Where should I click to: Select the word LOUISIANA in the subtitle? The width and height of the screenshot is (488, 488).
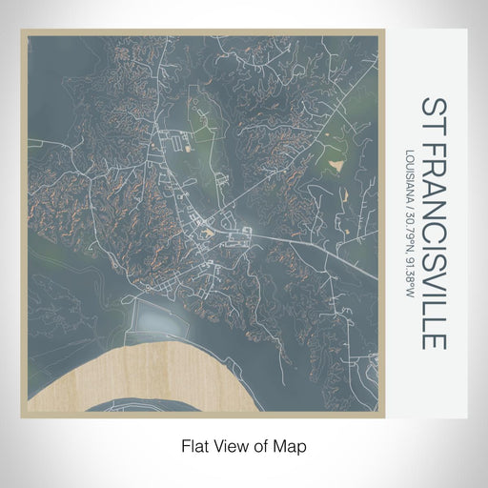409,176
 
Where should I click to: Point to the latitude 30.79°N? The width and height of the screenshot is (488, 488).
409,225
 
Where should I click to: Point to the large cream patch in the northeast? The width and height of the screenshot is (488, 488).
336,165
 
